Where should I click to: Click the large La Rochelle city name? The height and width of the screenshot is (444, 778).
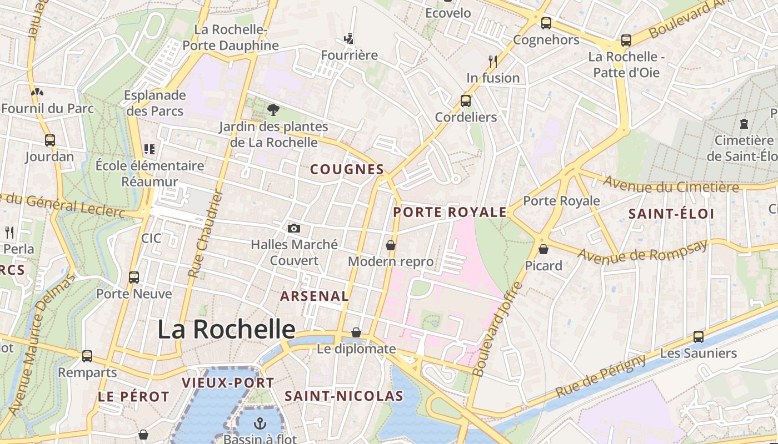pos(226,329)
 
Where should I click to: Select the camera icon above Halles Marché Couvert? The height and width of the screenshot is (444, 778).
pos(294,228)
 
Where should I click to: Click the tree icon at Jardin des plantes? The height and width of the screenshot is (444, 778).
pos(273,110)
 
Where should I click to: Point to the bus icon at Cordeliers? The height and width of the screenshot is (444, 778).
pos(466,101)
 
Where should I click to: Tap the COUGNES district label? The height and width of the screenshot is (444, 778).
pos(347,169)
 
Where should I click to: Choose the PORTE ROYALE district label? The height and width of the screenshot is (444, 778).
pos(450,212)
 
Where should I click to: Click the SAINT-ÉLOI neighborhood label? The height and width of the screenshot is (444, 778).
pos(671,214)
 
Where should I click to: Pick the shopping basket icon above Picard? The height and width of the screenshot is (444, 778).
pos(543,250)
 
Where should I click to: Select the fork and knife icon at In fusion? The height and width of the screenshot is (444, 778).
pos(493,61)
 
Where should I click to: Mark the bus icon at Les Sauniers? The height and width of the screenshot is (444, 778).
pos(699,337)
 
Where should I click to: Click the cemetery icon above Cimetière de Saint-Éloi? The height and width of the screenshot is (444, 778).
pos(744,124)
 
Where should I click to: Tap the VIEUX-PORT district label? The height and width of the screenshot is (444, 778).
pos(228,383)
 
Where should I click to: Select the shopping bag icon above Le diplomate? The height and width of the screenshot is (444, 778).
pos(356,332)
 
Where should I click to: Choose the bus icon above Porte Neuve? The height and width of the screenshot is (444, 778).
pos(134,277)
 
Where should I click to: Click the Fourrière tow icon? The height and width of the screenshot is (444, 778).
pos(349,39)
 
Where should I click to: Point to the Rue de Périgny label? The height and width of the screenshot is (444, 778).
pos(601,375)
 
